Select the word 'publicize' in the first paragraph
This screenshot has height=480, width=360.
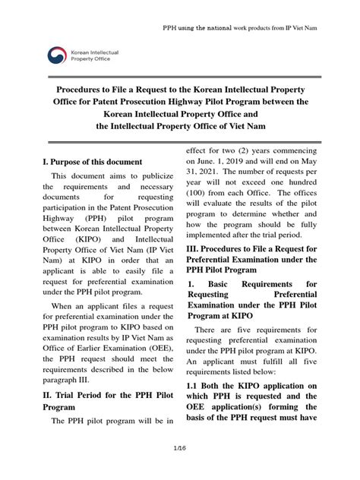click(142, 176)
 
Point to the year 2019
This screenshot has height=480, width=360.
click(250, 162)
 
